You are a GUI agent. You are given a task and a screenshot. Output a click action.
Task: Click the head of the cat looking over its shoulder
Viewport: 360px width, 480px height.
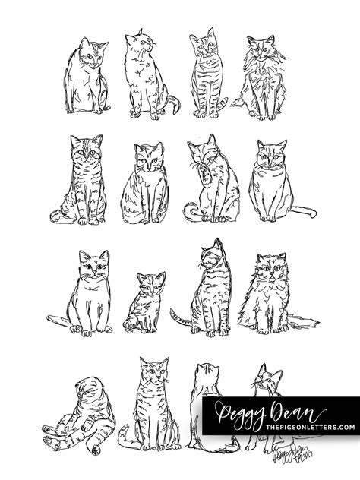coord(214,255)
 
